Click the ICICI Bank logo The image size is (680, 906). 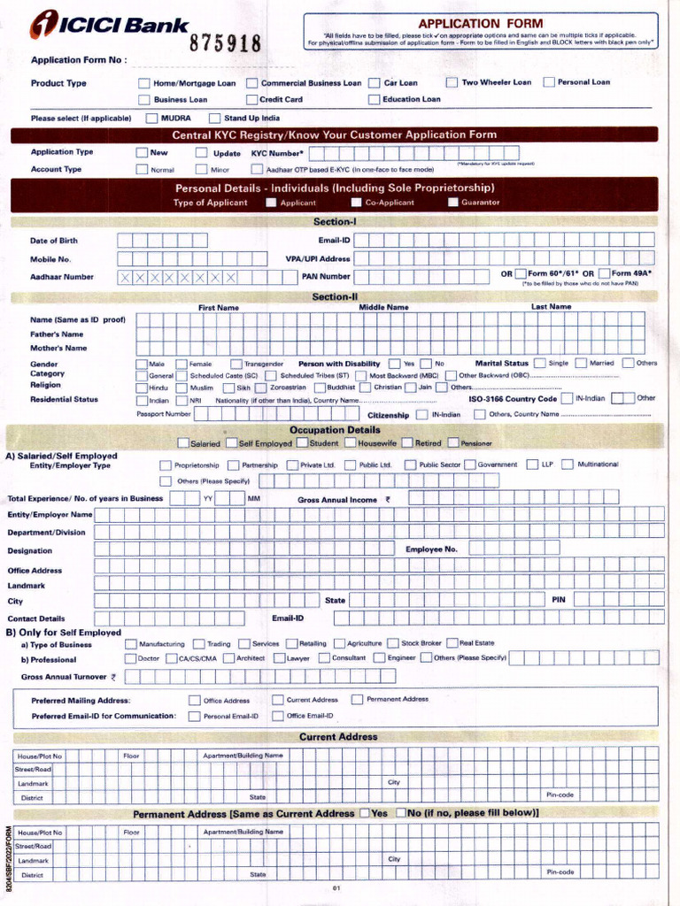[97, 26]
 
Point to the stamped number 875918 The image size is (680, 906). [226, 44]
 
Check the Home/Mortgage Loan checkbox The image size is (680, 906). [144, 83]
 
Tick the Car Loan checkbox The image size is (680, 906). [375, 83]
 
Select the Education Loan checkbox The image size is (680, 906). [375, 100]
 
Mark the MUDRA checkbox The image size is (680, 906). [152, 118]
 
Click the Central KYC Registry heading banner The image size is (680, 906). [334, 134]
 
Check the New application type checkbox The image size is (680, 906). [142, 152]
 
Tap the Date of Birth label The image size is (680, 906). [54, 241]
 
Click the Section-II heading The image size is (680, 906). [335, 297]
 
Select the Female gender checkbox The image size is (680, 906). [182, 364]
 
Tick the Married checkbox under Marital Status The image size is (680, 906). [581, 363]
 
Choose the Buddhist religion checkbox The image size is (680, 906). [320, 388]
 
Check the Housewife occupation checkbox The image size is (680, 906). [350, 443]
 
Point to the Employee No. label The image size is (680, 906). [431, 549]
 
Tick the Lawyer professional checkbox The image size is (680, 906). [280, 658]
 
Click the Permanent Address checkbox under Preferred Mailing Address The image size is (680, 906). [357, 699]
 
